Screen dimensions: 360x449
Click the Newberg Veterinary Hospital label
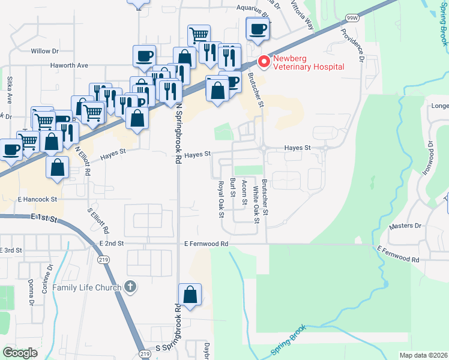click(309, 62)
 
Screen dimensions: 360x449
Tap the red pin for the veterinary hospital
click(263, 61)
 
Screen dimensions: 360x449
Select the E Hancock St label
click(37, 199)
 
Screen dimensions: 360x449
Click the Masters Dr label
click(405, 226)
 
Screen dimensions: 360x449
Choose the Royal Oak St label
click(221, 198)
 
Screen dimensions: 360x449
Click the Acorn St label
click(244, 193)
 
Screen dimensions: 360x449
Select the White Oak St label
click(256, 205)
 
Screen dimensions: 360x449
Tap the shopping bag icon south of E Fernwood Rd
click(190, 295)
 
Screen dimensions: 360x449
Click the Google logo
click(19, 353)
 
